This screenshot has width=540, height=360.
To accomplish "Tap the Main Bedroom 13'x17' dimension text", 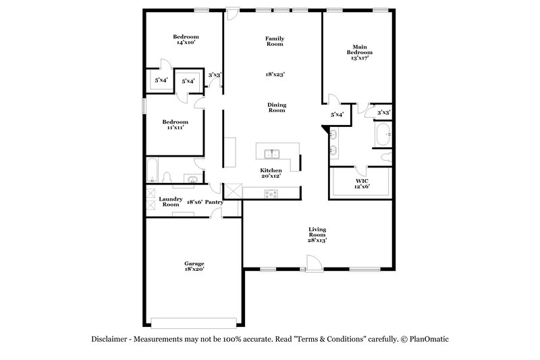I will pyautogui.click(x=359, y=58).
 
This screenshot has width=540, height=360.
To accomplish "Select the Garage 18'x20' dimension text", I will pyautogui.click(x=194, y=269).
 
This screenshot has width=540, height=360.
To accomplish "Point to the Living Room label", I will pyautogui.click(x=317, y=232).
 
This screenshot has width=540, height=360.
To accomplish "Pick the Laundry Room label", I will pyautogui.click(x=170, y=201).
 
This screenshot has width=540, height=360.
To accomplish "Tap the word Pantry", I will pyautogui.click(x=215, y=202).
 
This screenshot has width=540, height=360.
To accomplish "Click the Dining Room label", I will pyautogui.click(x=277, y=107).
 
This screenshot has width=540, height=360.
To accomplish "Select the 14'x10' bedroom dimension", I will pyautogui.click(x=186, y=43).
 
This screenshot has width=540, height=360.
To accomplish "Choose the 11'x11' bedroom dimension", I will pyautogui.click(x=174, y=127).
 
